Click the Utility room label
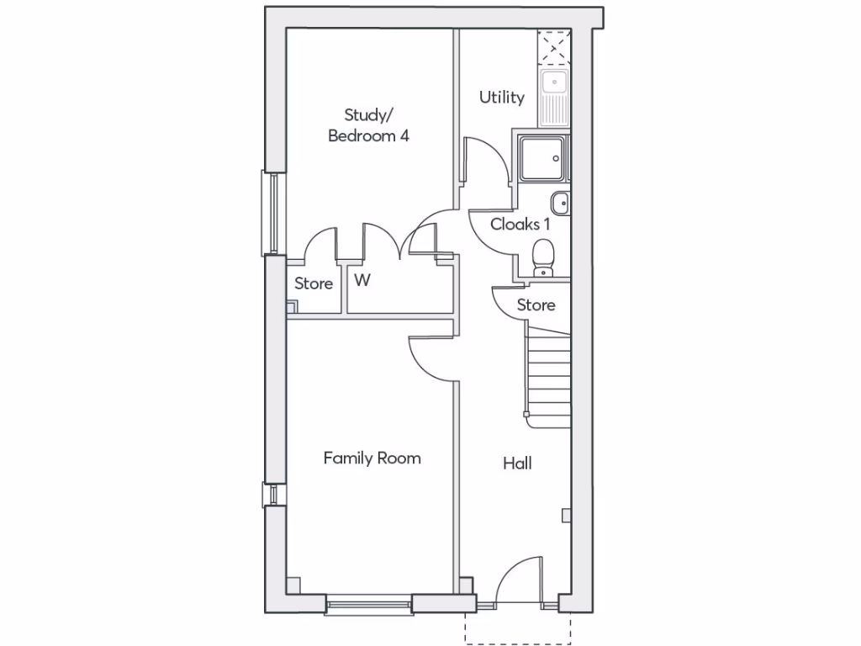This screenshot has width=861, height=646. tap(502, 98)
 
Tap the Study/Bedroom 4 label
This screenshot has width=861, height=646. tap(368, 125)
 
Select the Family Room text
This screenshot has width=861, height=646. tap(372, 458)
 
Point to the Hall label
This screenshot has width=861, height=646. tap(517, 463)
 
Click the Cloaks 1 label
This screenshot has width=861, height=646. tap(520, 225)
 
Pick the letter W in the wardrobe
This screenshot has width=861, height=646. tap(362, 281)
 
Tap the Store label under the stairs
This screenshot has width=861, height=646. tap(536, 304)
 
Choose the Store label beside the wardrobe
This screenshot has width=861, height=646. tap(314, 284)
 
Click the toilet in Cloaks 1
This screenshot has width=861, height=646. tap(544, 256)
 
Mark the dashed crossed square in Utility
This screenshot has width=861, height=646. tap(554, 48)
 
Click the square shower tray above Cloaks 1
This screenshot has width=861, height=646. tap(543, 160)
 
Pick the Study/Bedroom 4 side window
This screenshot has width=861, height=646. tap(272, 212)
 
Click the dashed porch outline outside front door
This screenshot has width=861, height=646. tap(517, 628)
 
